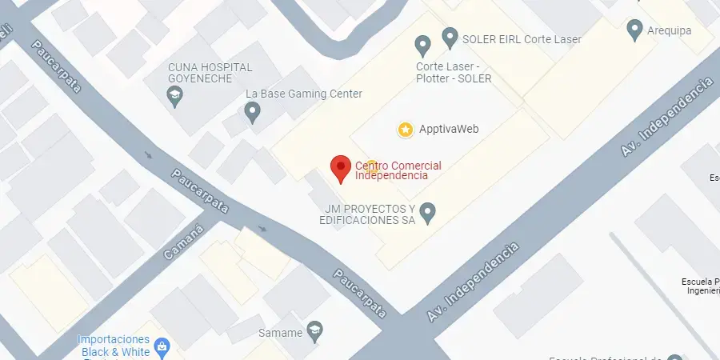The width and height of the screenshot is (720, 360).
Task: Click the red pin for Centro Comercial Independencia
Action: [341, 168]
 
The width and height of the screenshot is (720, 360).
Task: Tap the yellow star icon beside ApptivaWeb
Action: [406, 129]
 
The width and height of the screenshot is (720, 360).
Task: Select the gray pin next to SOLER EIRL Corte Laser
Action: [450, 38]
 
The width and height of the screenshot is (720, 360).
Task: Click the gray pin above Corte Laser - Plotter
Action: [422, 45]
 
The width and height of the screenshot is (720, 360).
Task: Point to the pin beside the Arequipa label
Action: [635, 30]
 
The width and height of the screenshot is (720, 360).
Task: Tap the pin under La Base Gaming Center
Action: [253, 113]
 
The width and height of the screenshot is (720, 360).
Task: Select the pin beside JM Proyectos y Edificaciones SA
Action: [428, 212]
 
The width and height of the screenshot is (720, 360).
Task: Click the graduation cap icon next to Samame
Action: [314, 332]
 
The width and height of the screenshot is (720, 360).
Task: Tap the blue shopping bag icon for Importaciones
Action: [162, 346]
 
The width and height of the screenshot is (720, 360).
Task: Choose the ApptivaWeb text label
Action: [449, 129]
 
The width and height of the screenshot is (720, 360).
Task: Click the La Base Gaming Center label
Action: [304, 94]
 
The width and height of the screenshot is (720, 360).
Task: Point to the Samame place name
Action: [281, 332]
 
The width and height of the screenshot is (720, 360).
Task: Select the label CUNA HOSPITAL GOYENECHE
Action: [210, 73]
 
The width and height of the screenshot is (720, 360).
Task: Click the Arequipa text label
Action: [670, 30]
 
